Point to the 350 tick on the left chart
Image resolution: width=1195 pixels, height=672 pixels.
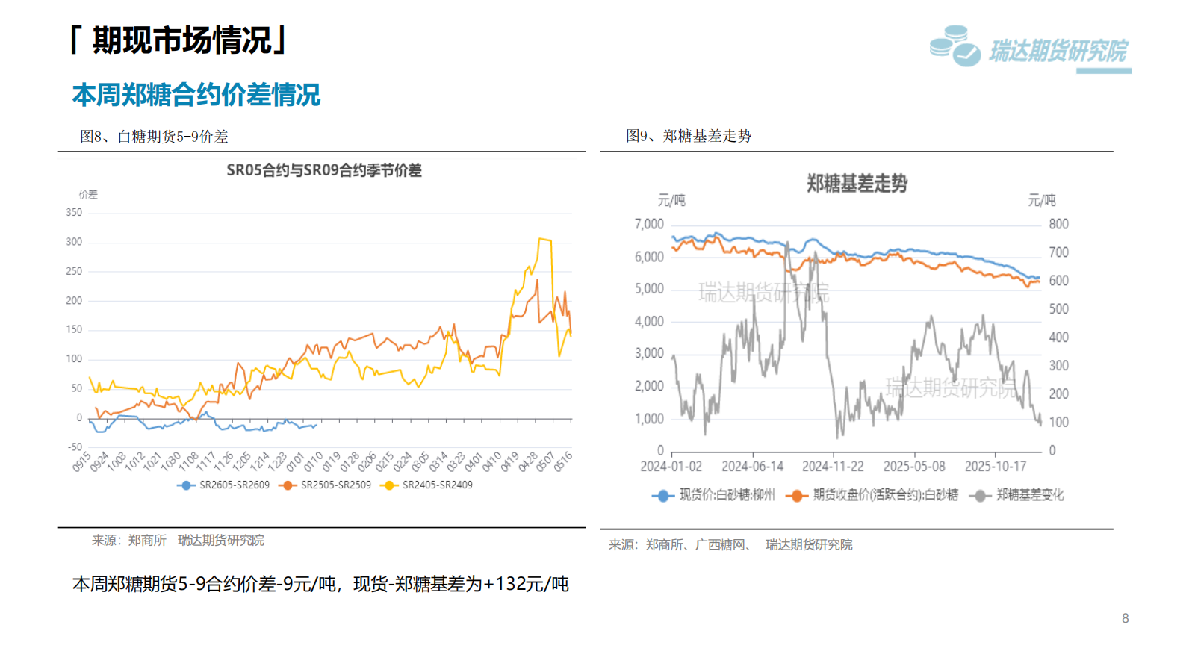(x=74, y=213)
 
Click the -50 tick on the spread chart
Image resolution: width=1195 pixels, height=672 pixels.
(x=75, y=447)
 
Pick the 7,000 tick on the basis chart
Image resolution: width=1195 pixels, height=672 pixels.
(x=649, y=224)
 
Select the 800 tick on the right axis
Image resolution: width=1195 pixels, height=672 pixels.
(x=1058, y=224)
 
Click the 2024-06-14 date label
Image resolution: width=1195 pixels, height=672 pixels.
(x=752, y=467)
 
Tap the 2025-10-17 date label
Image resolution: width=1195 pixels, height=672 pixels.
(x=995, y=467)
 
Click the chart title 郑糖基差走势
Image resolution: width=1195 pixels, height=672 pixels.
(x=857, y=184)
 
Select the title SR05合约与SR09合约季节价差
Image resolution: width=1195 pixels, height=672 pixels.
(x=324, y=170)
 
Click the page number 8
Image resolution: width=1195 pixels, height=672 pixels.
(x=1125, y=618)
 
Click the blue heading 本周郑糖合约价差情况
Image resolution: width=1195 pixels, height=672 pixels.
(x=196, y=96)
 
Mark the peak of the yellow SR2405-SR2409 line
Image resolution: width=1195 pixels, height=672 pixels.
(x=540, y=239)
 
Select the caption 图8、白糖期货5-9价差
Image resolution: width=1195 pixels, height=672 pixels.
(x=154, y=137)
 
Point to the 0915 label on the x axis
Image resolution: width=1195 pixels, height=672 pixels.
(x=81, y=461)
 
